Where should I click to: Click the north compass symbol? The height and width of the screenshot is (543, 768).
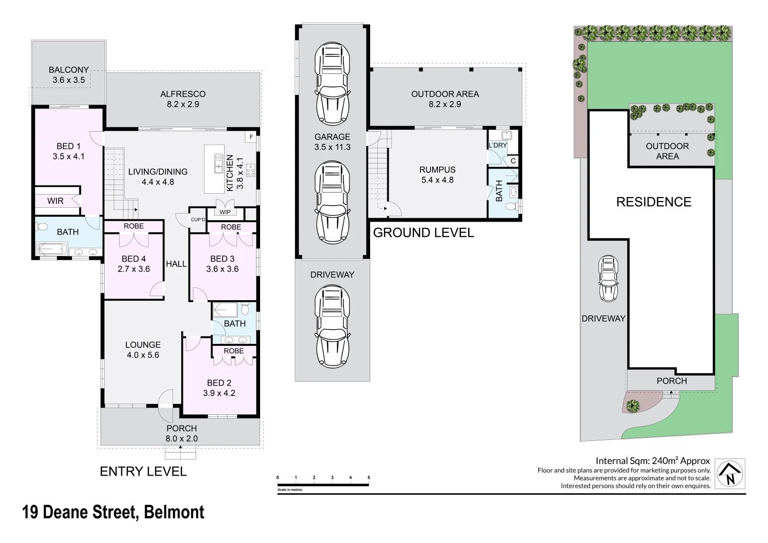point(730,474)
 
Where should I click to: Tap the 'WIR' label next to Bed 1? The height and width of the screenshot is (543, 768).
point(55,201)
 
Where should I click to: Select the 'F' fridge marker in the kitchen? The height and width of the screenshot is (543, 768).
point(251,137)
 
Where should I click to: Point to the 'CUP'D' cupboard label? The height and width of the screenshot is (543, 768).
point(198,220)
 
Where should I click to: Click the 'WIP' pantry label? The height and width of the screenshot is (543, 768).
point(225,212)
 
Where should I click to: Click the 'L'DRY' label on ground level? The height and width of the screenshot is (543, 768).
point(498,146)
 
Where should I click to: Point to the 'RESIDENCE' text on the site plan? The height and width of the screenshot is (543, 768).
point(654,202)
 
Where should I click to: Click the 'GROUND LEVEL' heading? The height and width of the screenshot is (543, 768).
point(423,233)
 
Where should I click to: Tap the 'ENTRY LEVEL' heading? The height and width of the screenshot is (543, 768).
point(143,472)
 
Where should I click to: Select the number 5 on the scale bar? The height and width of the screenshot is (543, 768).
point(369,478)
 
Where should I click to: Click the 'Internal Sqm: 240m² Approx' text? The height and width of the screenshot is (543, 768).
point(652,461)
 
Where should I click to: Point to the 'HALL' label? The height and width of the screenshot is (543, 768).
point(177,264)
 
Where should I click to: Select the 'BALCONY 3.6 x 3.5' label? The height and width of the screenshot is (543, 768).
point(69,75)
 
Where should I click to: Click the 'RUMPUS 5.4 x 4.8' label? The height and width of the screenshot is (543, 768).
point(437,175)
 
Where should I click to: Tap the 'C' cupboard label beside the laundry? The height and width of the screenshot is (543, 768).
point(513,161)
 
